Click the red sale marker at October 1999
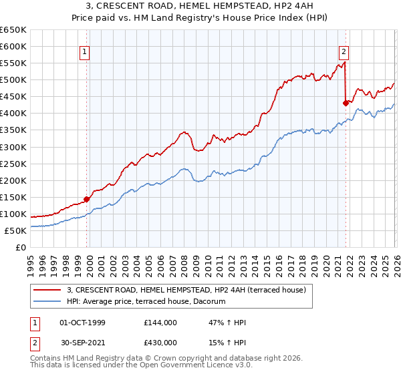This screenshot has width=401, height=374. (87, 199)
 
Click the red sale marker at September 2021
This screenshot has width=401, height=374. (346, 103)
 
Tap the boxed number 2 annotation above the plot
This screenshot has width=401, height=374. (344, 51)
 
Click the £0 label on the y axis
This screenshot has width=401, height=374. (21, 247)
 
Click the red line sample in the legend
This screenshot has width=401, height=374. (47, 291)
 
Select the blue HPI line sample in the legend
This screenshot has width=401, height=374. (47, 302)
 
